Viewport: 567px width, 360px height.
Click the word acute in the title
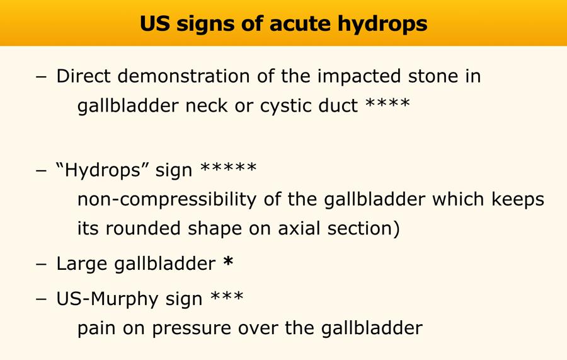coord(299,23)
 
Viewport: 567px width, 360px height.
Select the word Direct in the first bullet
coord(84,76)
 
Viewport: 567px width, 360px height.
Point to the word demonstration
coord(184,76)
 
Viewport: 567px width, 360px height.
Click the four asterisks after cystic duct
coord(387,102)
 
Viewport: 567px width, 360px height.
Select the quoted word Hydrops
coord(102,170)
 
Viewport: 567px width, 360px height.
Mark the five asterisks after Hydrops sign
coord(228,168)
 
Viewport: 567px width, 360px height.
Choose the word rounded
coord(143,229)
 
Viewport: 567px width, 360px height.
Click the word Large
coord(82,264)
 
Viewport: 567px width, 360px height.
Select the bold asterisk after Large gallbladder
coord(228,261)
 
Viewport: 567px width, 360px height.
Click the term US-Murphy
coord(107,299)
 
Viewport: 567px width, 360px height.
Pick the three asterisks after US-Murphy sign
coord(227,296)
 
